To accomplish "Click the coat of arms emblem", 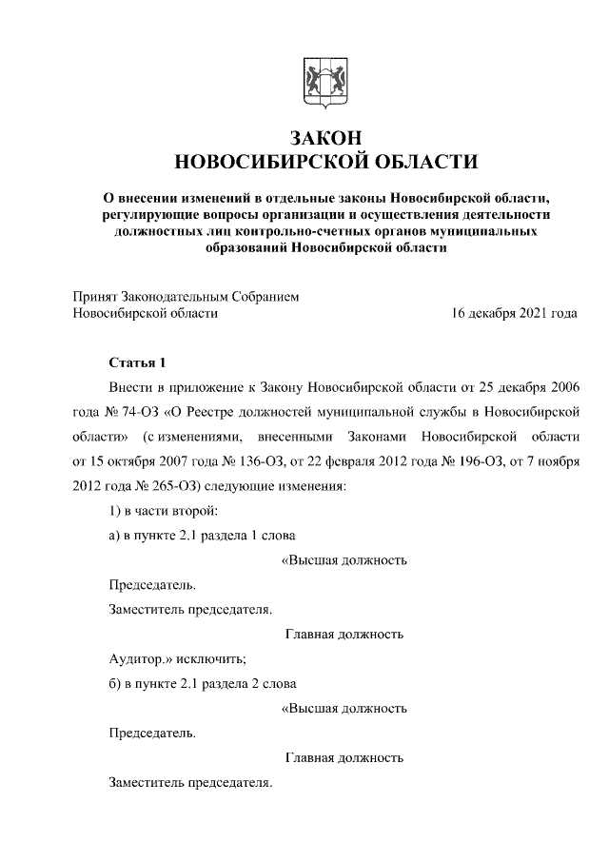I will pos(319,82).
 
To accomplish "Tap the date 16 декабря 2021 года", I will pos(515,313).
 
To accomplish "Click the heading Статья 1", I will pos(137,363).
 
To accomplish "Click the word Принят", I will pos(97,297).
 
